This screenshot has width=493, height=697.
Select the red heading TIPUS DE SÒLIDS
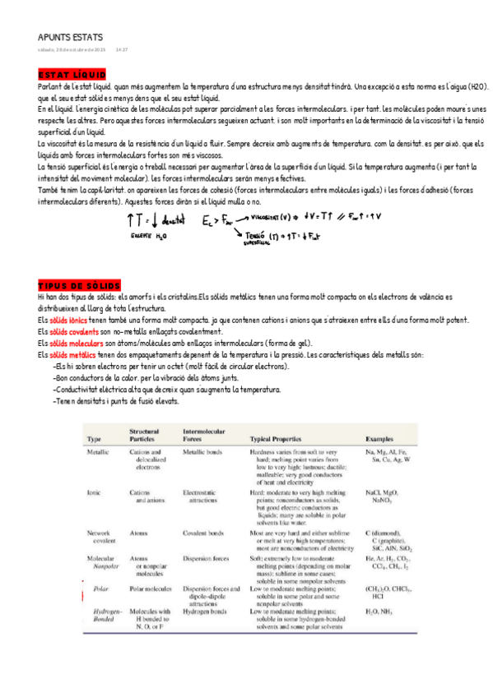click(79, 284)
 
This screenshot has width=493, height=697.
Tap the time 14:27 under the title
click(122, 49)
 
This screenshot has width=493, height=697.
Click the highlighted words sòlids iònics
click(67, 319)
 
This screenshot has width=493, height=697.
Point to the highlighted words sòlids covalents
click(72, 331)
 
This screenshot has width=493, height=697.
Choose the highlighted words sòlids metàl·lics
click(72, 355)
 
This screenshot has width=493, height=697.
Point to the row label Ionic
click(94, 492)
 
